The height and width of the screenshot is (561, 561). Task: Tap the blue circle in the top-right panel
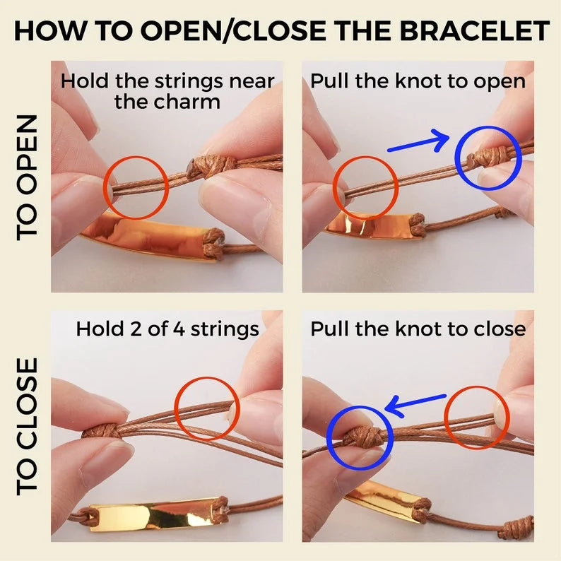(488, 158)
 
